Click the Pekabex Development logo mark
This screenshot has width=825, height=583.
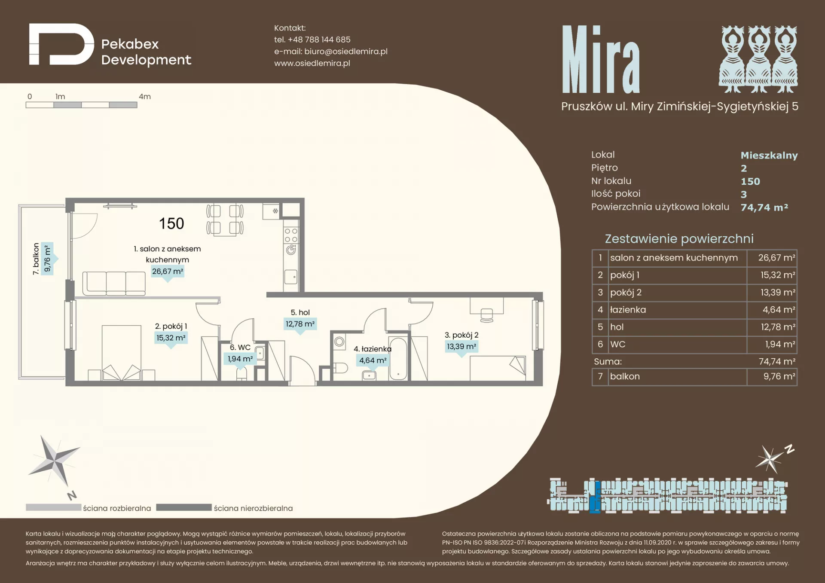tap(61, 44)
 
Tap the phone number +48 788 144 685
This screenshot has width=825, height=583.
tap(319, 40)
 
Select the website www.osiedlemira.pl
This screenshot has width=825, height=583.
tap(312, 63)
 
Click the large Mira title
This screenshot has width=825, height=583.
tap(601, 59)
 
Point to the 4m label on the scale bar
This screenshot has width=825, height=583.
tap(145, 97)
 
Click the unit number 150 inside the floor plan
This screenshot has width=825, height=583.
tap(171, 223)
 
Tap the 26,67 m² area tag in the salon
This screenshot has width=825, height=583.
tap(168, 272)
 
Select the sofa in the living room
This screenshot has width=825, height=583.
tap(114, 284)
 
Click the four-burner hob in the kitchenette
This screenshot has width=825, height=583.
tap(291, 235)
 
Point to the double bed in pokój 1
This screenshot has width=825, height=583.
tap(122, 353)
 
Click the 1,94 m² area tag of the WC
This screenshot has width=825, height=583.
tap(240, 359)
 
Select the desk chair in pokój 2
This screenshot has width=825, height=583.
tap(487, 315)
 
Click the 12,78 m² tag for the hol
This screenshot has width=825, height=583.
tap(300, 324)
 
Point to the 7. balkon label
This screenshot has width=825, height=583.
tap(36, 259)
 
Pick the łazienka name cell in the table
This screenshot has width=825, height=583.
tap(678, 310)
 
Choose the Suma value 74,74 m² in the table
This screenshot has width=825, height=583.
tap(777, 362)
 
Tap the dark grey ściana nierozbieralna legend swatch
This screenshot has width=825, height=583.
tap(184, 507)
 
